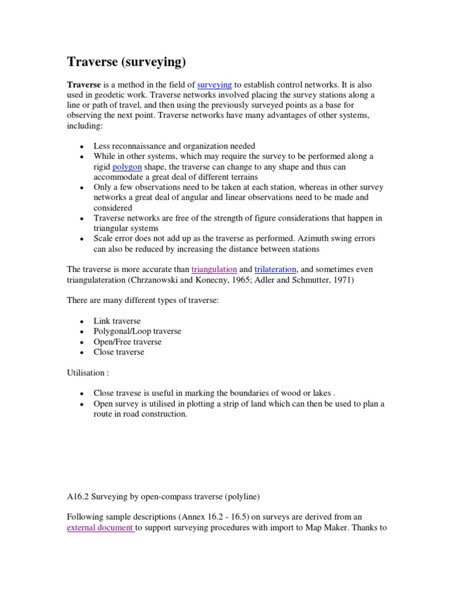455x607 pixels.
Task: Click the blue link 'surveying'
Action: [x=214, y=85]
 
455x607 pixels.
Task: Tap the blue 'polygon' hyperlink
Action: [x=127, y=167]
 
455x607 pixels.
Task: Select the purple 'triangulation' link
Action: [x=214, y=269]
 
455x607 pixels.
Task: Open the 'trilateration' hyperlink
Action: [x=275, y=269]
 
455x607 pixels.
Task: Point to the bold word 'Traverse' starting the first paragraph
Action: [x=84, y=85]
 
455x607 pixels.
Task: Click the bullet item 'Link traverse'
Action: [x=117, y=321]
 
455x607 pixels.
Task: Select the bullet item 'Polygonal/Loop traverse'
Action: [x=137, y=331]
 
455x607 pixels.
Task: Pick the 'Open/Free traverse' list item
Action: [x=127, y=342]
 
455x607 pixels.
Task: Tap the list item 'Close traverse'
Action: [x=118, y=352]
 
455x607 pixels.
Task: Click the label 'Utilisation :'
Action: [x=88, y=373]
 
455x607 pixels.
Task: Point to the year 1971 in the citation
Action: [x=341, y=280]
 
